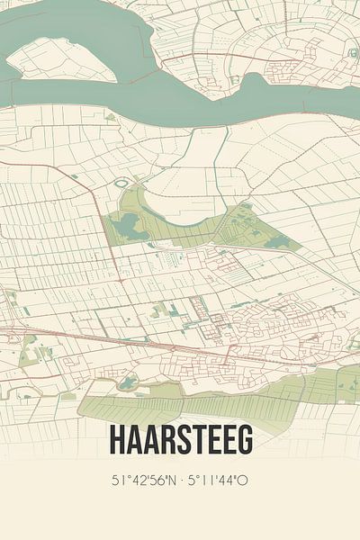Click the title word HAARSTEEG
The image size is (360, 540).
click(180, 439)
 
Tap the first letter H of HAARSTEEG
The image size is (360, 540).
click(117, 439)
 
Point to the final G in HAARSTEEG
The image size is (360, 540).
click(244, 439)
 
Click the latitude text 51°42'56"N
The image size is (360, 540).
click(139, 481)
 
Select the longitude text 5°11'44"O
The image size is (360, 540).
click(220, 481)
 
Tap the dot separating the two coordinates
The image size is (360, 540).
click(181, 481)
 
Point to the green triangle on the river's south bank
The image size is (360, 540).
click(111, 117)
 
